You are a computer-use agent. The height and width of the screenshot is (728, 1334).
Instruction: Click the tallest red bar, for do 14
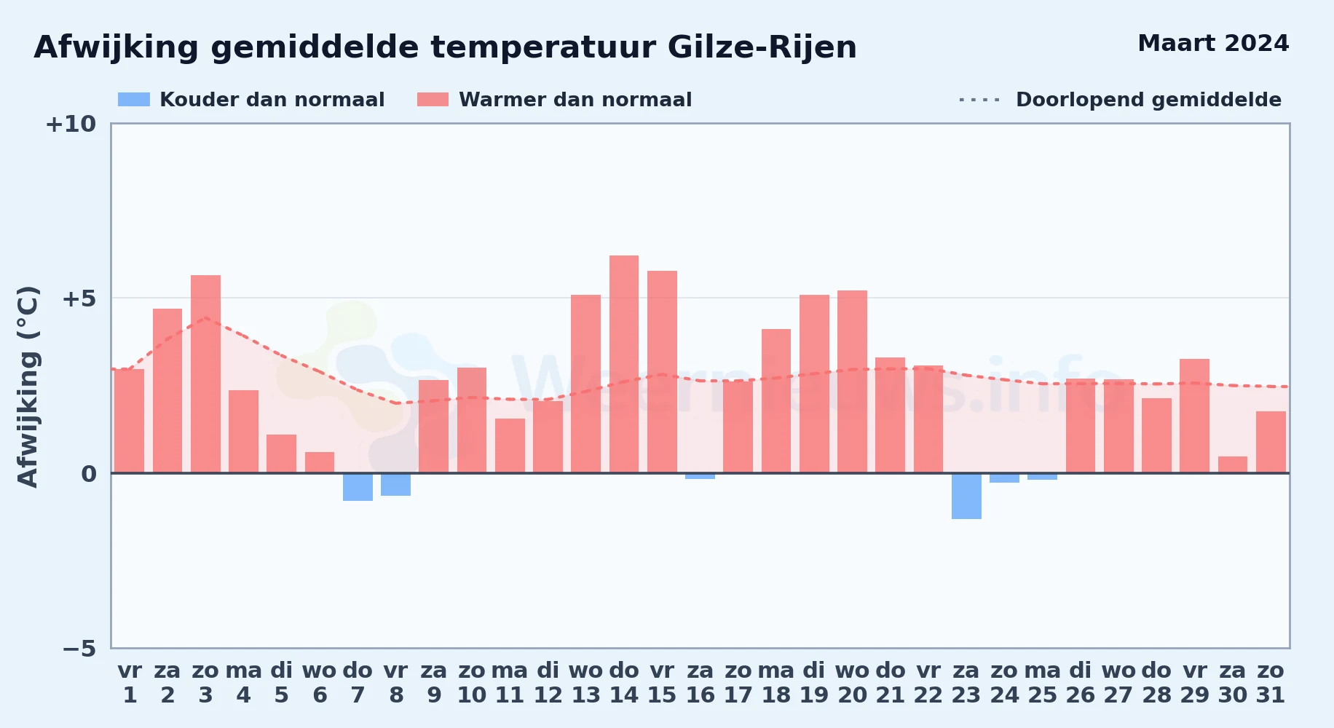(624, 364)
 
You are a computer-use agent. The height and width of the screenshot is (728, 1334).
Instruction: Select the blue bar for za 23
(966, 496)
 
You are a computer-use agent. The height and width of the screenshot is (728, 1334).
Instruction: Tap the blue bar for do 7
(358, 487)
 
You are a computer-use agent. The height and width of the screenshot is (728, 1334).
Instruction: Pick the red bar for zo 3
(205, 374)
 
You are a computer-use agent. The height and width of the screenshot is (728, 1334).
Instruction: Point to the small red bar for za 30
(1233, 464)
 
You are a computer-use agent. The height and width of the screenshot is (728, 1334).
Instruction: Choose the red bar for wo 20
(852, 381)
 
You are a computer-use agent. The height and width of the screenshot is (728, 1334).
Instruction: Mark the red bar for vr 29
(1194, 416)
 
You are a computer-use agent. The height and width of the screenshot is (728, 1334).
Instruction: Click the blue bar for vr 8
(395, 484)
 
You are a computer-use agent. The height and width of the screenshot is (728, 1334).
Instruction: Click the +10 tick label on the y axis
(71, 124)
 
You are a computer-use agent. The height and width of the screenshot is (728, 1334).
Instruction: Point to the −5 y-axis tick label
(79, 648)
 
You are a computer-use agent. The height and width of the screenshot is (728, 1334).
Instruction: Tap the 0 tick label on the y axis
(89, 474)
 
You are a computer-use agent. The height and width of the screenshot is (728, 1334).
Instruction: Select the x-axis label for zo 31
(1271, 683)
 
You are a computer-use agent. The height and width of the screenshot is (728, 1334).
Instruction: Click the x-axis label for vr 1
(130, 683)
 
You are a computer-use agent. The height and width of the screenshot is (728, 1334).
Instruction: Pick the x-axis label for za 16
(700, 683)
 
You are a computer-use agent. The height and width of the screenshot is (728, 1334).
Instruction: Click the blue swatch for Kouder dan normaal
(134, 100)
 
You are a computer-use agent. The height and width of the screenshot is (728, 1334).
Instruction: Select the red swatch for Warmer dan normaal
(433, 100)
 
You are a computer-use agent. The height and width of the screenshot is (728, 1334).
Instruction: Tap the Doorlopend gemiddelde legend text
(1148, 100)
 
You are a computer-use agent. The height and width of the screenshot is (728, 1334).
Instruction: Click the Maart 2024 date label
(1213, 44)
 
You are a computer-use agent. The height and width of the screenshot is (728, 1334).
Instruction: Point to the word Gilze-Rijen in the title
(762, 48)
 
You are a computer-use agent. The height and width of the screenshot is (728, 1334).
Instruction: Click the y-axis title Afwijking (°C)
(28, 387)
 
